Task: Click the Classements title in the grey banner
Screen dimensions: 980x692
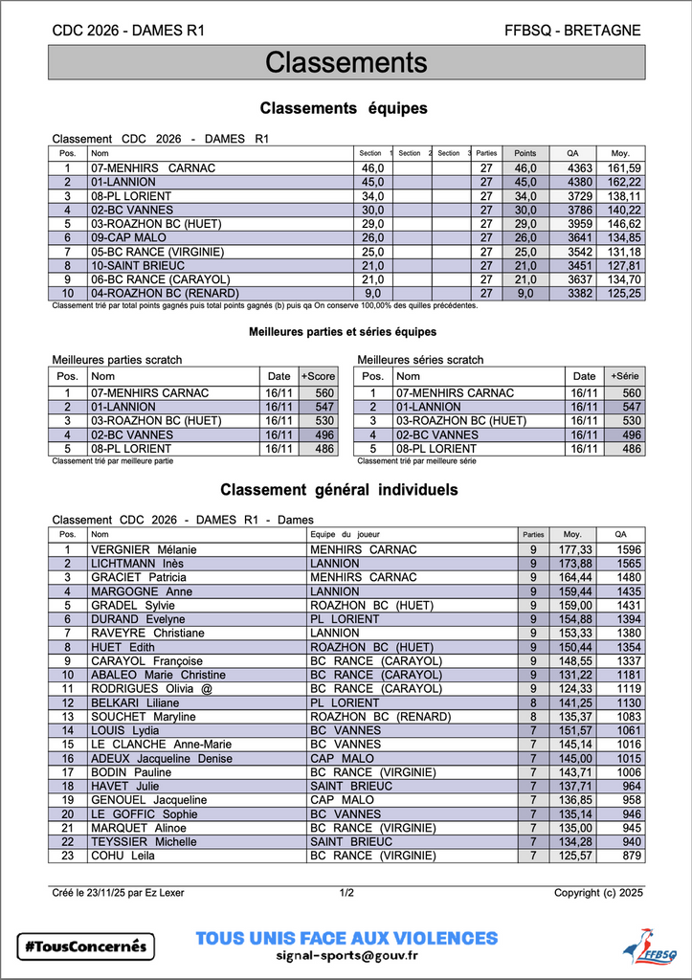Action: click(346, 63)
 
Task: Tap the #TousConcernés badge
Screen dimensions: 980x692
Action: click(86, 946)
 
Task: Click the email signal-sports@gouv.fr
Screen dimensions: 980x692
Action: click(346, 955)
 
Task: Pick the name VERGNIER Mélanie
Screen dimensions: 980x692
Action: click(144, 549)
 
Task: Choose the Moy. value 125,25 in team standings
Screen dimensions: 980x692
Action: click(623, 293)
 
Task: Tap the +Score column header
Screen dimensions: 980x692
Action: click(318, 376)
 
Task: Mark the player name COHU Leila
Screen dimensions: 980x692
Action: click(123, 856)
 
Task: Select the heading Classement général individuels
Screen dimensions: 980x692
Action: click(339, 490)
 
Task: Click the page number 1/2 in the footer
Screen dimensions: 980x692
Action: click(346, 893)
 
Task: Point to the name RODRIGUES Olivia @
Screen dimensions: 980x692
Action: click(150, 688)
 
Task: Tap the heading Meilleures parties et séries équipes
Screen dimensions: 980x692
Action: click(342, 331)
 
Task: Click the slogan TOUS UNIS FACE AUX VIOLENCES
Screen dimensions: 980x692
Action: click(346, 938)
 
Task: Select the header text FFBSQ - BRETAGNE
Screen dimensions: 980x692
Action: click(572, 31)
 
